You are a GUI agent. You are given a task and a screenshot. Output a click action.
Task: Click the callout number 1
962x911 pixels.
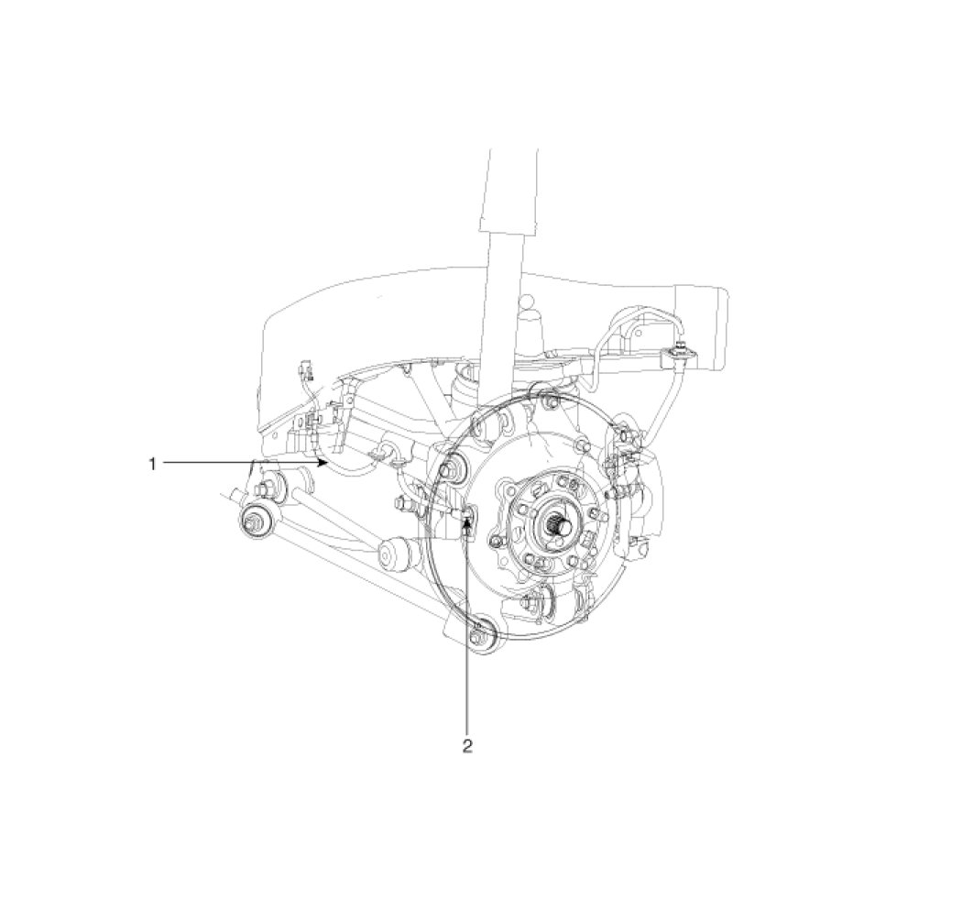(153, 464)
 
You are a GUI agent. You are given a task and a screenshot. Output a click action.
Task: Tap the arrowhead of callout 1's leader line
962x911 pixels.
(322, 463)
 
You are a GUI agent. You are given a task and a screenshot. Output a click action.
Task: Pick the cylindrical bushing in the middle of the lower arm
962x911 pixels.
(393, 554)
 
